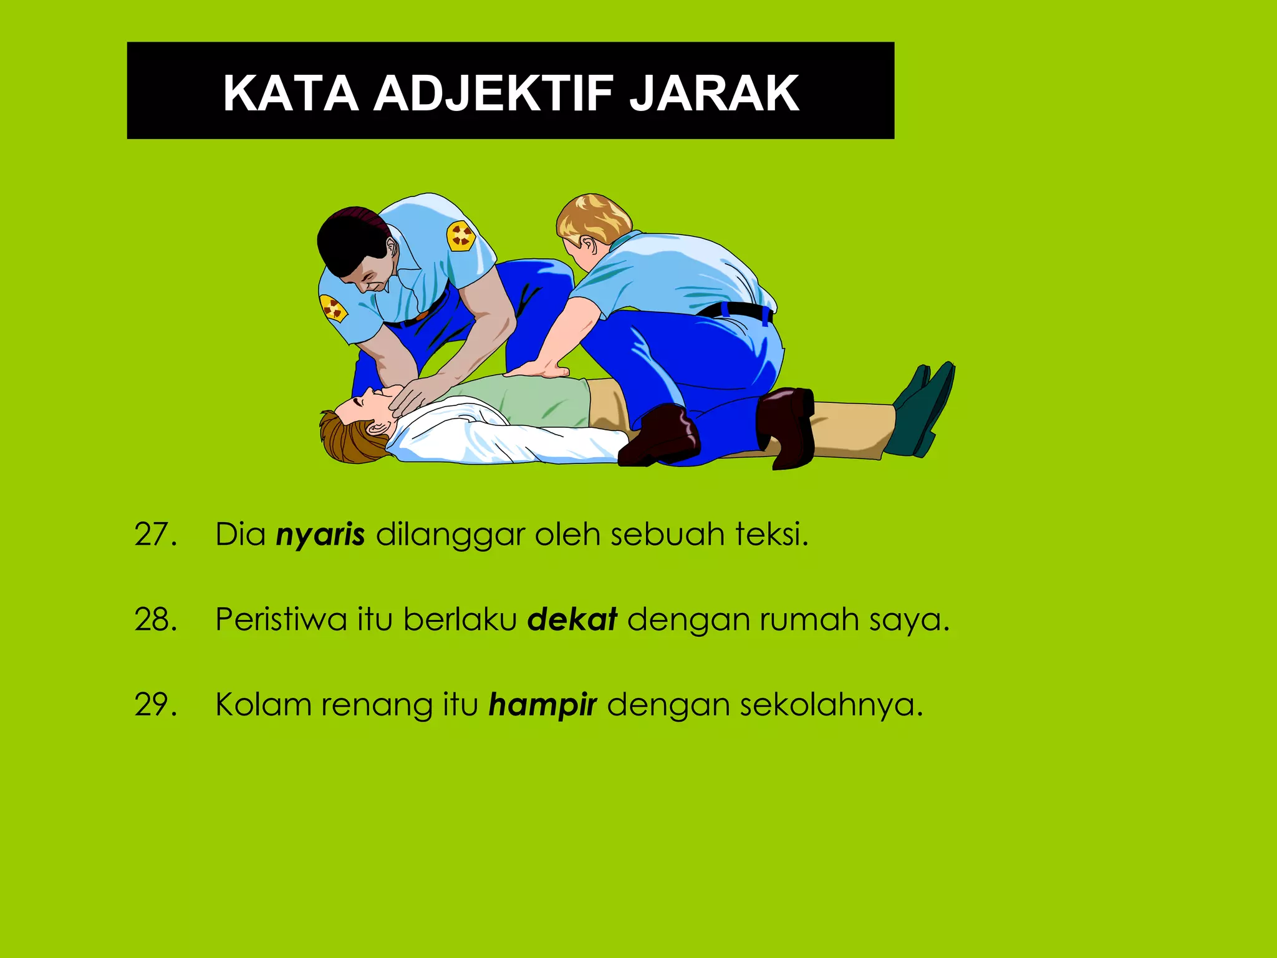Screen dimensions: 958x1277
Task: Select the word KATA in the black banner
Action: tap(291, 94)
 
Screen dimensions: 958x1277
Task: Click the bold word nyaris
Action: tap(320, 535)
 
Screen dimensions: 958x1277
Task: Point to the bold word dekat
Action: tap(572, 619)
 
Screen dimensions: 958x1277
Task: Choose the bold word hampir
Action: tap(542, 705)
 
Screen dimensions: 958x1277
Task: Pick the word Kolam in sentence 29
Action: tap(263, 705)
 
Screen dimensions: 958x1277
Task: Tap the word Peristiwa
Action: tap(281, 620)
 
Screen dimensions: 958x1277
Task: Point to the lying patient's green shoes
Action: tap(922, 409)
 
